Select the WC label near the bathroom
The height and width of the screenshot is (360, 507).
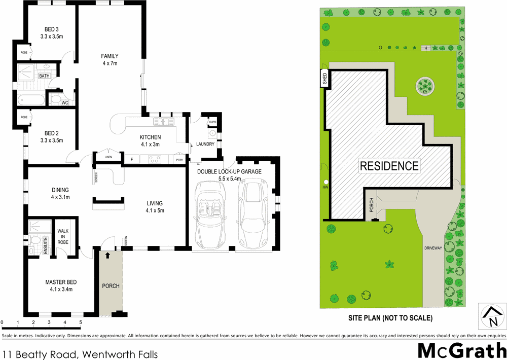tap(65, 103)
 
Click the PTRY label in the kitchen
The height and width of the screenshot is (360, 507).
tap(179, 160)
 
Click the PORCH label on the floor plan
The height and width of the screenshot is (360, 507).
tap(111, 286)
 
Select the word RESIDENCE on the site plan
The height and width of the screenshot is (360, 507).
tap(389, 166)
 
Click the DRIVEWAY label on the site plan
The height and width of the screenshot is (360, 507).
tap(434, 248)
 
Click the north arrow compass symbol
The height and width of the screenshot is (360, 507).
tap(492, 316)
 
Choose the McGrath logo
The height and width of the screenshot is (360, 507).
tap(461, 350)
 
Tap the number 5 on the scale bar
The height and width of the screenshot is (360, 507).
tap(81, 322)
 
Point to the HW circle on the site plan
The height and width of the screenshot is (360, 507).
tap(326, 182)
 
